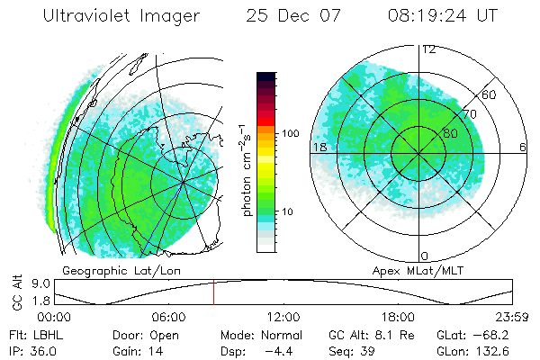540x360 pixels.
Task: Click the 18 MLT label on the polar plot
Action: (319, 147)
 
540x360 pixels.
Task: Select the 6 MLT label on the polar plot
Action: (523, 147)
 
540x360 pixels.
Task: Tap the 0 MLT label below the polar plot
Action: (424, 256)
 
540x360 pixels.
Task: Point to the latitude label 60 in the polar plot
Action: (490, 94)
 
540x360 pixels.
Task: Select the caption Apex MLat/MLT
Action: (419, 270)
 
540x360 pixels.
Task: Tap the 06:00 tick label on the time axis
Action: (168, 317)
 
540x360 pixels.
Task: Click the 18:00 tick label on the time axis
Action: (398, 317)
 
